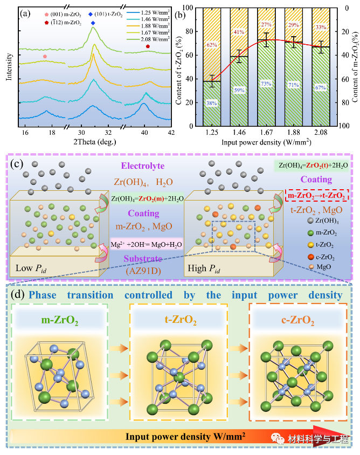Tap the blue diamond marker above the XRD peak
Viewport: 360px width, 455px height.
[x=94, y=23]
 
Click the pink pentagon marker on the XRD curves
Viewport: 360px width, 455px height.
[x=45, y=56]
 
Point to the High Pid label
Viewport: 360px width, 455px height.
[x=202, y=268]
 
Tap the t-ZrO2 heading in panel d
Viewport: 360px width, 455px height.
[x=179, y=321]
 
